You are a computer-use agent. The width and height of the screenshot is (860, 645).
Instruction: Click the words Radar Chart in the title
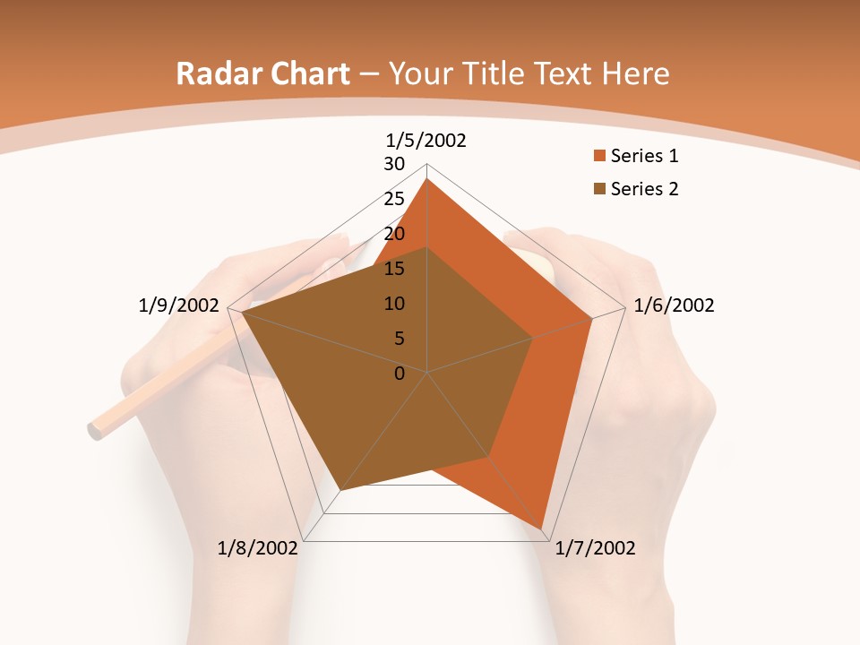(x=262, y=73)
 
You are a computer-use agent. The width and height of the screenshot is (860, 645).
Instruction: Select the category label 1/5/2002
(x=426, y=140)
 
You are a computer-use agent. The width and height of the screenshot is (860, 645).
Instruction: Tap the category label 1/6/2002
(x=674, y=305)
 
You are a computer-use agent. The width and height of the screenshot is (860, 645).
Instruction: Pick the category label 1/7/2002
(x=595, y=548)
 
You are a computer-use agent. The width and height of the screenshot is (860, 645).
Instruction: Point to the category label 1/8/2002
(x=257, y=548)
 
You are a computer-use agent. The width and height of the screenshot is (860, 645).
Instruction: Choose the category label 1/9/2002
(x=179, y=305)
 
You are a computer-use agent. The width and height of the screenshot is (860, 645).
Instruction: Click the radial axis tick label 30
(x=394, y=164)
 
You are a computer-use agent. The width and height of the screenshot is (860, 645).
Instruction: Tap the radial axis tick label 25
(x=394, y=199)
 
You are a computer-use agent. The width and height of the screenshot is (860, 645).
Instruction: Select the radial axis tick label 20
(x=394, y=234)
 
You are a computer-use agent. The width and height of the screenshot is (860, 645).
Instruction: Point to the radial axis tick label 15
(x=394, y=269)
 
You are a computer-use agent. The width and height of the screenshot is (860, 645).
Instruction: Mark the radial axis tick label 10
(x=394, y=304)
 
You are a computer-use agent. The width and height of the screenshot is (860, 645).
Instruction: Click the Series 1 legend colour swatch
(x=598, y=157)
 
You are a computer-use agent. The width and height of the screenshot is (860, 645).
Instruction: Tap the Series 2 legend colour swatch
(x=598, y=189)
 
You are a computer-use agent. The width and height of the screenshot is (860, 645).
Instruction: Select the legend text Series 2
(x=644, y=189)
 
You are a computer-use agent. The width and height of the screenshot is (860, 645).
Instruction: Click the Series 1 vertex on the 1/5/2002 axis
(x=427, y=179)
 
